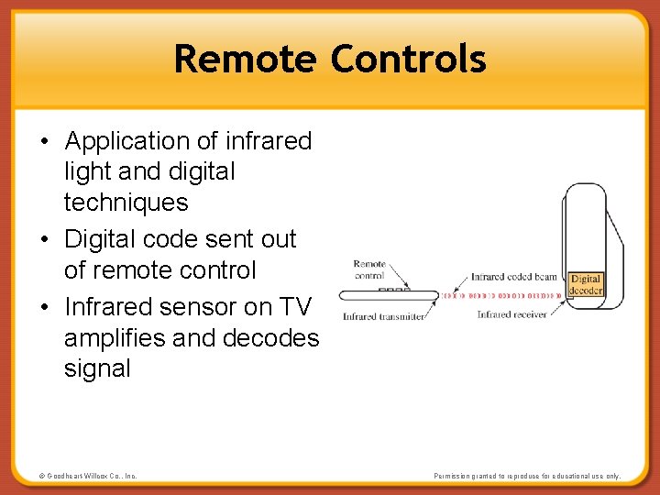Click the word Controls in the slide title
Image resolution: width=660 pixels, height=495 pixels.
[408, 60]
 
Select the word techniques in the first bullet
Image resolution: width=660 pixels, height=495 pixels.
[126, 203]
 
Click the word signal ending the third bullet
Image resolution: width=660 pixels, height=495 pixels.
[97, 369]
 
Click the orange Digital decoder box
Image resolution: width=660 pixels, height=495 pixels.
[585, 284]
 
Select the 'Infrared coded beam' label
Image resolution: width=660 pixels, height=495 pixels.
[513, 276]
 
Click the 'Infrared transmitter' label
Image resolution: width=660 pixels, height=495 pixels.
[383, 317]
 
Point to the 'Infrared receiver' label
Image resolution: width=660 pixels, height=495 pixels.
[511, 314]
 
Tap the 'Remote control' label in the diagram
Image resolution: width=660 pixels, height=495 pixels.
[369, 269]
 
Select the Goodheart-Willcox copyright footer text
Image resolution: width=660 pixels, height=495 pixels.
[88, 476]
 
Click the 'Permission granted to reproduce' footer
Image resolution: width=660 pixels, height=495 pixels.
[526, 476]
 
